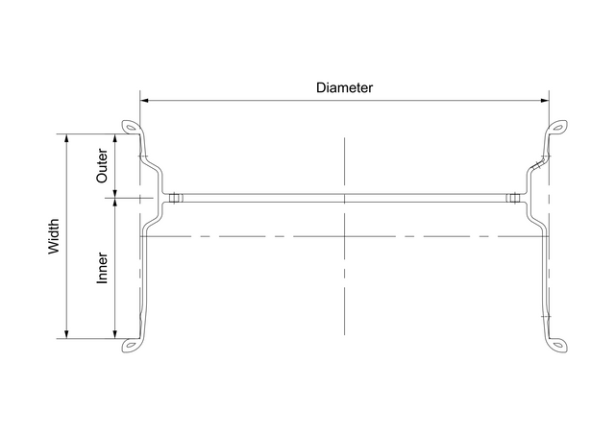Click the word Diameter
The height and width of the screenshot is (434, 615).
point(344,87)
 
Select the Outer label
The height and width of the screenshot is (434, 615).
point(103,165)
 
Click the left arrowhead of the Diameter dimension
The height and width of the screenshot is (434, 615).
point(145,99)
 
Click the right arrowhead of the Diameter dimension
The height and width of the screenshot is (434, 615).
point(544,99)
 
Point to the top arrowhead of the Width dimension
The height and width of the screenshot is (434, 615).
point(66,138)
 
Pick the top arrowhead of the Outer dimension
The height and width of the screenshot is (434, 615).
point(115,138)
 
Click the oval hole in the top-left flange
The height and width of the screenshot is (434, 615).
point(129,127)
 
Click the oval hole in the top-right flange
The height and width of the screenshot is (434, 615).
point(557,127)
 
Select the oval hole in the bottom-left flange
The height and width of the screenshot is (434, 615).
point(129,346)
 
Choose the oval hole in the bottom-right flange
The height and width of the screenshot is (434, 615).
point(557,346)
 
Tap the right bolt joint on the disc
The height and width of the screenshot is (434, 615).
point(515,199)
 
